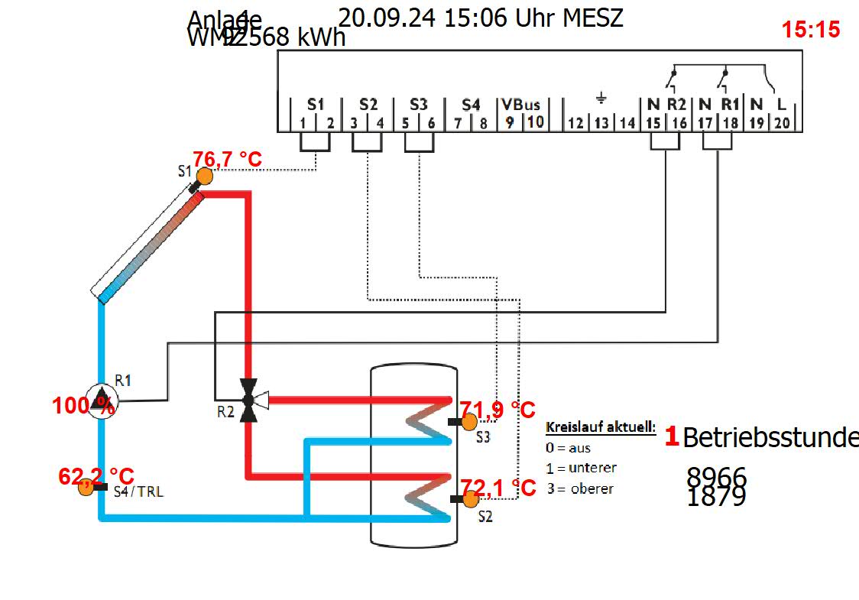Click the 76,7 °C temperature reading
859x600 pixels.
227,160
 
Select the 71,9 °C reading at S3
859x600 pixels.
497,410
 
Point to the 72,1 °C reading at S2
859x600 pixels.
498,487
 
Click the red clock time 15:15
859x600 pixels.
811,30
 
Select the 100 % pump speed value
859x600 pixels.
83,407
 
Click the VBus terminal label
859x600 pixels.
521,105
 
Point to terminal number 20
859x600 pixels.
782,122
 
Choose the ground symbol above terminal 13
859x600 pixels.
601,99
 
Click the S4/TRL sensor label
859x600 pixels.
138,492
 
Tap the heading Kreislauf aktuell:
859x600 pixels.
601,427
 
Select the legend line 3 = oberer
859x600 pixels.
580,488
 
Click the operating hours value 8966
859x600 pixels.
716,477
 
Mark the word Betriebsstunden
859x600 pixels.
770,438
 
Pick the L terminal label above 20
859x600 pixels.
781,104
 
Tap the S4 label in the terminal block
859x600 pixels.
472,104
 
